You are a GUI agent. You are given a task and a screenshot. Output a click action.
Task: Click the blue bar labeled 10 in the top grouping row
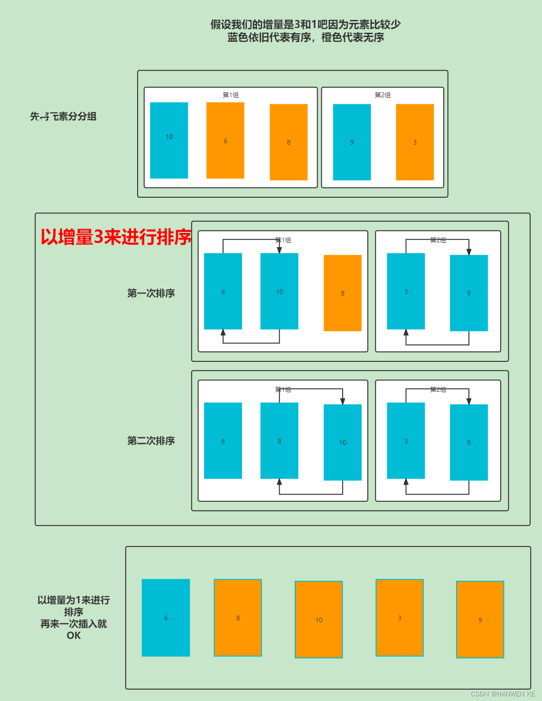point(169,140)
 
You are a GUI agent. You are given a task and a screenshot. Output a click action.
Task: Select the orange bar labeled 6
point(225,140)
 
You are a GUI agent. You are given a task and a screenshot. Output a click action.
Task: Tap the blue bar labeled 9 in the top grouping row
point(352,142)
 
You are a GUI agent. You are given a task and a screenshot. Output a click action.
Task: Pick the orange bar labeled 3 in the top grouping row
point(415,142)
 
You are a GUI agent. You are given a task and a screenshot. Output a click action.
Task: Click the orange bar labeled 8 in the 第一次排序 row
point(343,293)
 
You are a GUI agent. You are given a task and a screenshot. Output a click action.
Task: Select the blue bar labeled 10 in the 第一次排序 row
point(280,291)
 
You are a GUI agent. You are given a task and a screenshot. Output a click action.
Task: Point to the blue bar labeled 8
point(280,441)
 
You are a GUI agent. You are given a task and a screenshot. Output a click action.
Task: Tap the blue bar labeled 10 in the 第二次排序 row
point(343,443)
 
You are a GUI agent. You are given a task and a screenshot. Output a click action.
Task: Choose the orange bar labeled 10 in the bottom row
point(319,619)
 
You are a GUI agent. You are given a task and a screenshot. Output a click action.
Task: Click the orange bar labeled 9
point(480,619)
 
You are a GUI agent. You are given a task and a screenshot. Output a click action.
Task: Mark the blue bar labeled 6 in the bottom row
point(166,618)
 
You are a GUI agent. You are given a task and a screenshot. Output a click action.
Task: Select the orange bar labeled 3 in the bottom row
point(400,618)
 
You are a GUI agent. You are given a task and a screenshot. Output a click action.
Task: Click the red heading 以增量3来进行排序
point(116,237)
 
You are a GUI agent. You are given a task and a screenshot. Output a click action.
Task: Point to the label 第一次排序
point(151,293)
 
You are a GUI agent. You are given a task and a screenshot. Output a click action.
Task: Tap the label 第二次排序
point(151,441)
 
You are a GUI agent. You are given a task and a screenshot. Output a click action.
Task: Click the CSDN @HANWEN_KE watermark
point(503,693)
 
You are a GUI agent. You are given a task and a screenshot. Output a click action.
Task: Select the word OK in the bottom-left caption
point(74,636)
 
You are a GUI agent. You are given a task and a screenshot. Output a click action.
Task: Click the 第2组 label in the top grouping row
point(383,95)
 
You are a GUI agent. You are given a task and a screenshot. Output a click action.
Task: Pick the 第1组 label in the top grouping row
point(231,95)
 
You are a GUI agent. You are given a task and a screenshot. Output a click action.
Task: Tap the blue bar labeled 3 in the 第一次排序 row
point(406,291)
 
